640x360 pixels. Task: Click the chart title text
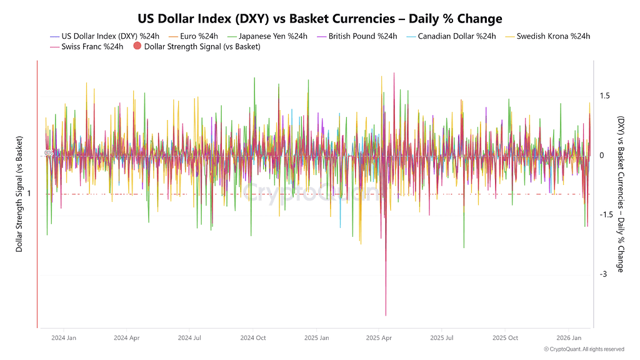[319, 19]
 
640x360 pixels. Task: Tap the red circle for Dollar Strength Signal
[137, 46]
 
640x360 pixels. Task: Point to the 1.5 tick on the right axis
[604, 96]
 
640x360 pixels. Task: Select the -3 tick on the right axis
[602, 274]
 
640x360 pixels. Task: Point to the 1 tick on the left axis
[29, 194]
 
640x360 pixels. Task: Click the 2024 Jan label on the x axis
[64, 337]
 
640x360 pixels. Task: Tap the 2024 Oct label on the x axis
[253, 337]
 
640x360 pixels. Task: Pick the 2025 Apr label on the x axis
[379, 337]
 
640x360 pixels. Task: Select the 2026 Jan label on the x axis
[568, 337]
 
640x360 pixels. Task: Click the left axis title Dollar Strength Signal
[19, 194]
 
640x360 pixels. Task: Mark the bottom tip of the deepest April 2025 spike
[386, 316]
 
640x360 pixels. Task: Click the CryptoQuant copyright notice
[584, 349]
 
